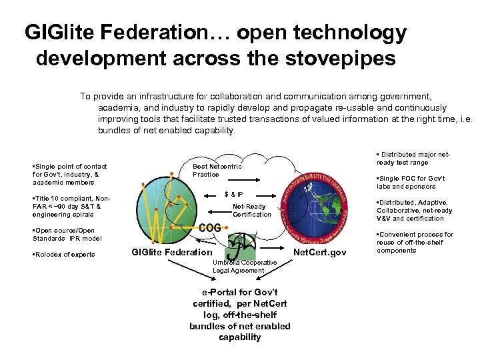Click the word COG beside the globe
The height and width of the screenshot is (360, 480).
210,227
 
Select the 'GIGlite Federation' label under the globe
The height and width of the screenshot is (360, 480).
171,252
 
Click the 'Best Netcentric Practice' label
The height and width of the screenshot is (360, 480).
217,170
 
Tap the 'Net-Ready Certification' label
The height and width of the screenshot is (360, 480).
252,211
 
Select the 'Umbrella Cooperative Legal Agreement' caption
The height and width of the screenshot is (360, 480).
245,267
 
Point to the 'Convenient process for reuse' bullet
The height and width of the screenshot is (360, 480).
414,243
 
